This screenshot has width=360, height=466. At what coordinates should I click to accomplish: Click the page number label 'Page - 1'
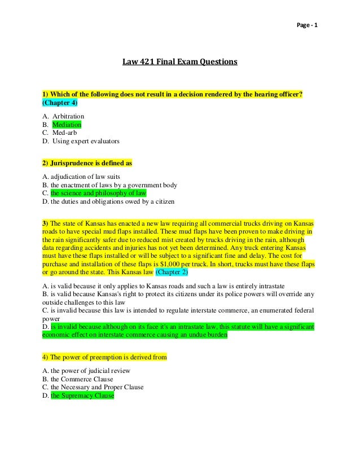coord(308,27)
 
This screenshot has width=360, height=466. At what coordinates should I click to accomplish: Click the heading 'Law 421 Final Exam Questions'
coord(180,61)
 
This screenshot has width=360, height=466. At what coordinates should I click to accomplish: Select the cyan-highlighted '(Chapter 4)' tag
coord(60,103)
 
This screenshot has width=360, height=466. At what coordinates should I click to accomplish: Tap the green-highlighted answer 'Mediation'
coord(67,124)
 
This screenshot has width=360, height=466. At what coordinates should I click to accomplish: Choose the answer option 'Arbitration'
coord(68,116)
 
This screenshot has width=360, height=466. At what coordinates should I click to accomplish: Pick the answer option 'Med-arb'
coord(67,133)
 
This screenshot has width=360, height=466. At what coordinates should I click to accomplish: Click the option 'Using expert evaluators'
coord(85,141)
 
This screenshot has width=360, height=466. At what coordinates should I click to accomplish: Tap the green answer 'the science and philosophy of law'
coord(98,193)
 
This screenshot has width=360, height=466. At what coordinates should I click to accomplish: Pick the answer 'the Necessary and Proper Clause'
coord(97,387)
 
